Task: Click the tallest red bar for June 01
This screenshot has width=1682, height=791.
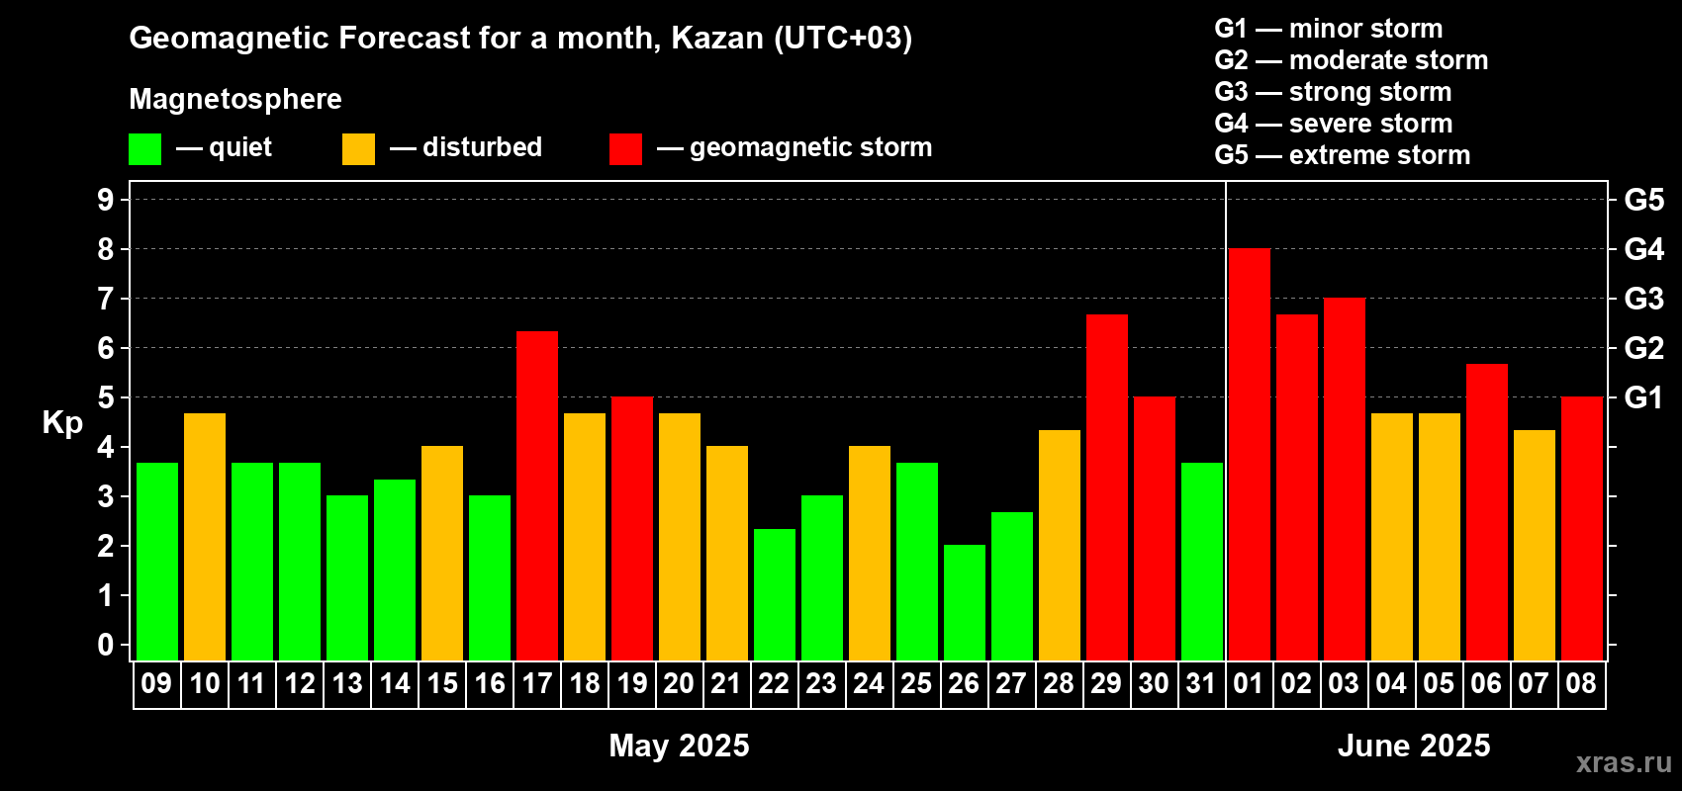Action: (1250, 454)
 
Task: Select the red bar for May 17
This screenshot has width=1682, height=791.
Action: (537, 495)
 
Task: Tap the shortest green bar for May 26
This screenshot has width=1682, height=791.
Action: (965, 602)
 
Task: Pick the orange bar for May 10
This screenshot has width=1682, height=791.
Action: (205, 537)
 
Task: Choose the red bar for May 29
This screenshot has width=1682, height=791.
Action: (1107, 487)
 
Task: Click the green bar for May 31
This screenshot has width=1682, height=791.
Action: (1202, 562)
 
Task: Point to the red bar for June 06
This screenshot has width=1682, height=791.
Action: (1487, 512)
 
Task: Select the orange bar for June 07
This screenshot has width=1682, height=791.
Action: (1534, 545)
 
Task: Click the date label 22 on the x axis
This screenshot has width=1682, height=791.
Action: (774, 683)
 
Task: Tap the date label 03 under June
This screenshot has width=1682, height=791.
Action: (1344, 683)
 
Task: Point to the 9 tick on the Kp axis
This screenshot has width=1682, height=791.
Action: (105, 200)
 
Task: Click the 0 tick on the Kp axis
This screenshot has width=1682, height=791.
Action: (105, 645)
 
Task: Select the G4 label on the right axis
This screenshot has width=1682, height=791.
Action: (1644, 249)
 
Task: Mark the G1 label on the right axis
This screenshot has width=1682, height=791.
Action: (1644, 397)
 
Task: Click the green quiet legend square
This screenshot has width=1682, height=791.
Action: (144, 148)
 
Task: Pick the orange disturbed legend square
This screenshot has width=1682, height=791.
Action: (358, 148)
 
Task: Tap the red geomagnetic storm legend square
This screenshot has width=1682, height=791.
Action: (626, 148)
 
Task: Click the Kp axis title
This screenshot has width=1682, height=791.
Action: (62, 422)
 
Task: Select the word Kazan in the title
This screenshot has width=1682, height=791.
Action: (717, 38)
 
